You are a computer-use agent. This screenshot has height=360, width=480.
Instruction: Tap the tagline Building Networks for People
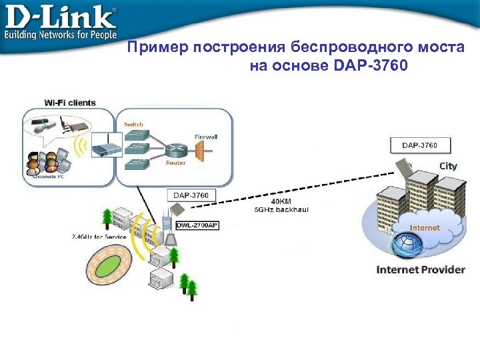(61, 34)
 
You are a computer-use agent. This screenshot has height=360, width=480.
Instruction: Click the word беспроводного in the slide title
(342, 47)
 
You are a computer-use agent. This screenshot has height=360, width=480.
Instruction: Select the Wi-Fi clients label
(70, 103)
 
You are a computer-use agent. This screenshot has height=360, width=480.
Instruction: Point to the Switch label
(133, 125)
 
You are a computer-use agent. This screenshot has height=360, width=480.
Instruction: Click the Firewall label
(206, 137)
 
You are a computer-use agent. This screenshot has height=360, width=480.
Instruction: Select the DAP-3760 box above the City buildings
(420, 145)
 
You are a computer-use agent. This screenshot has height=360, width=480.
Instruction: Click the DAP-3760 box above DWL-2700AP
(191, 195)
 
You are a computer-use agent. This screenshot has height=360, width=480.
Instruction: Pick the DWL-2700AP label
(197, 225)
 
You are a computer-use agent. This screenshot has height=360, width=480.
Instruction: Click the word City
(448, 166)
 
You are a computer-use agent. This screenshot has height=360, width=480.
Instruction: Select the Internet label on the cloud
(425, 227)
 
